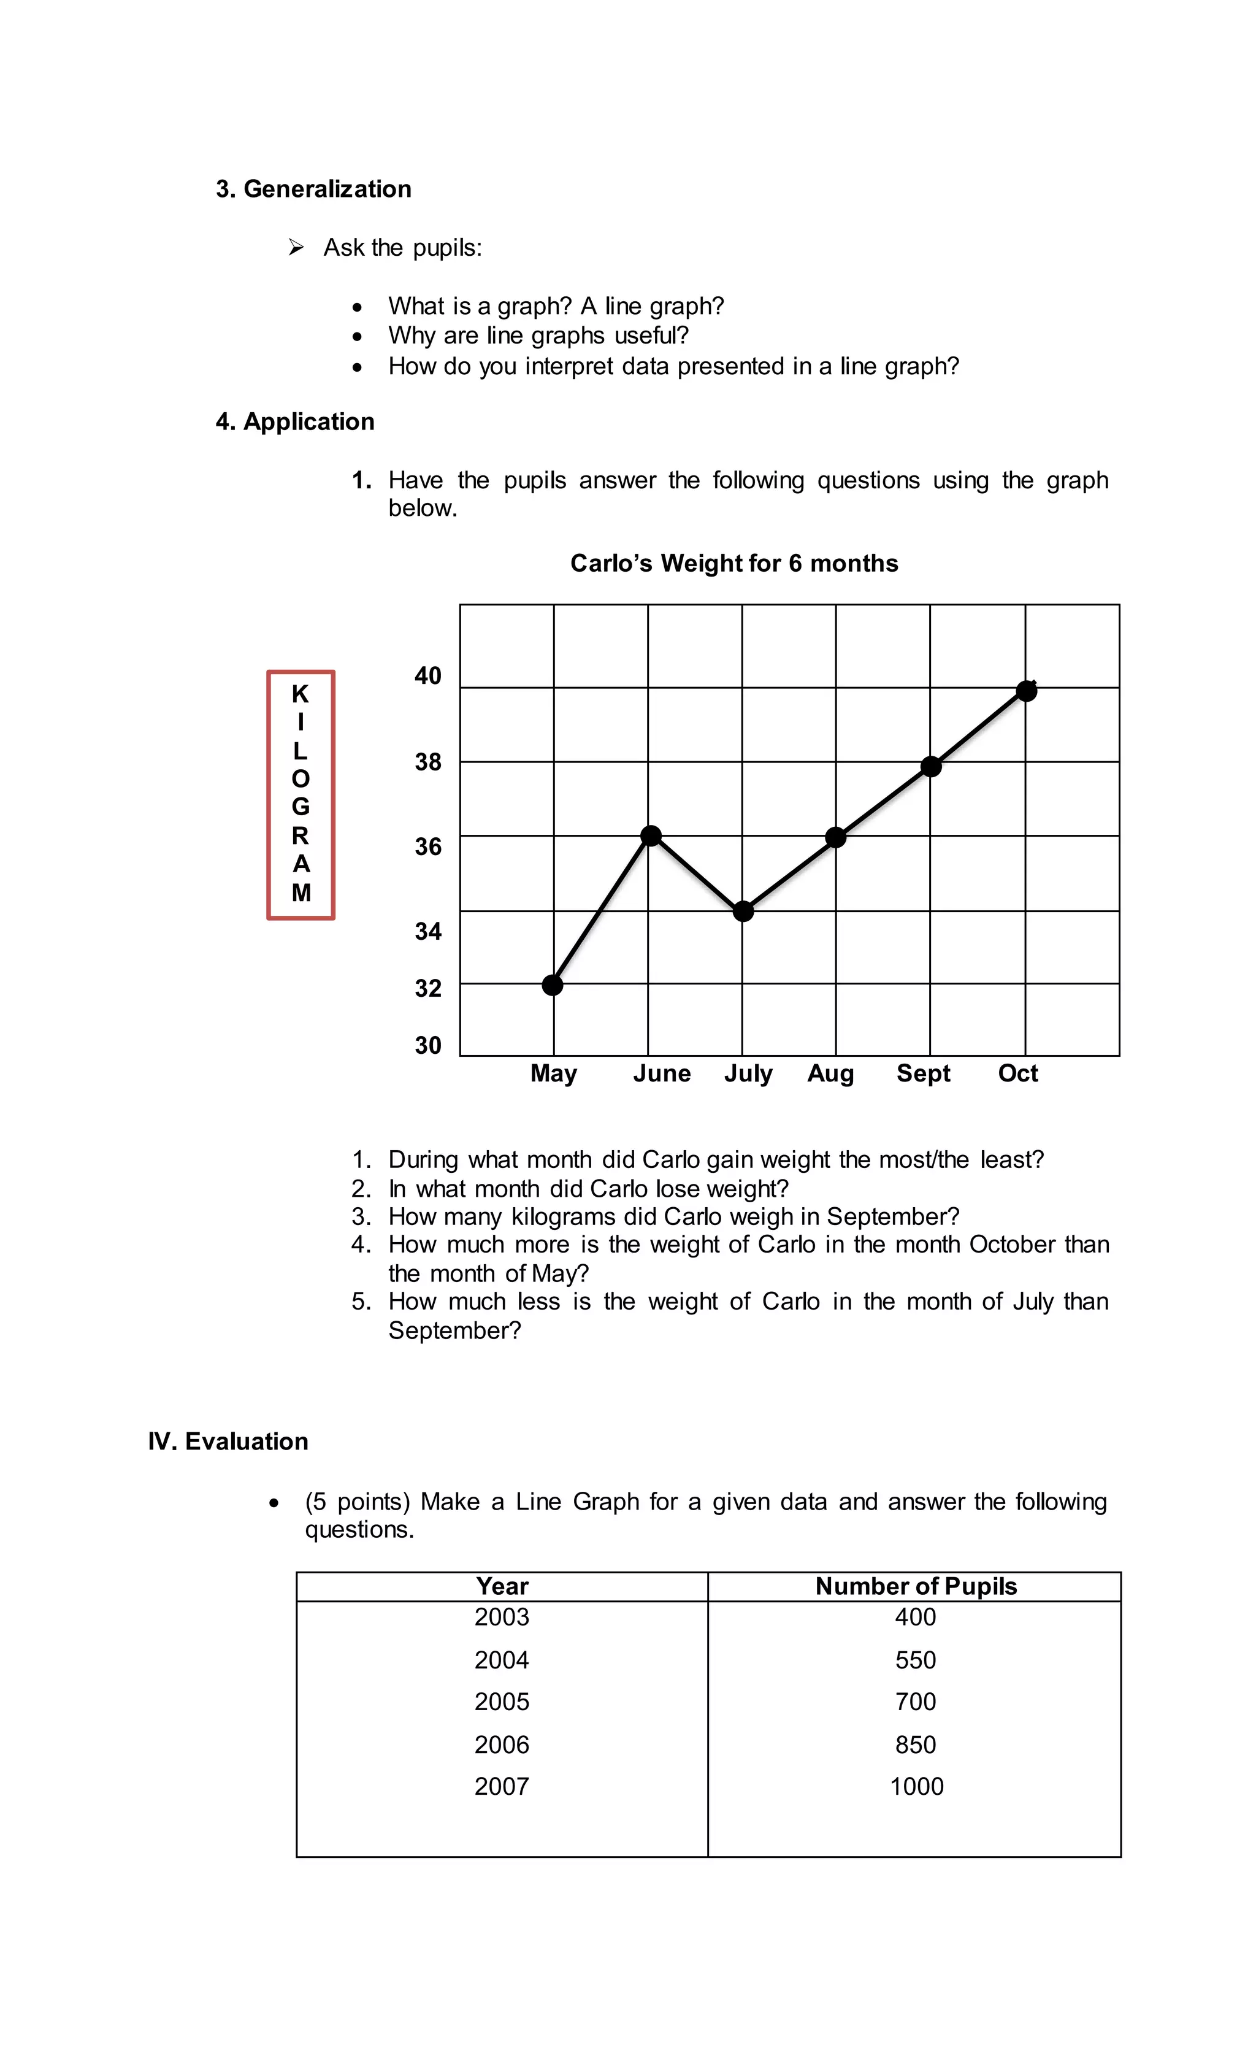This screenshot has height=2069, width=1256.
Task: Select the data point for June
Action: (651, 835)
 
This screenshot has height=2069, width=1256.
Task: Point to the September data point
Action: (930, 766)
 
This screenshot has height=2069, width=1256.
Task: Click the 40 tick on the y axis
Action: (427, 676)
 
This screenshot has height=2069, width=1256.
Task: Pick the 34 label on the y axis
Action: (427, 931)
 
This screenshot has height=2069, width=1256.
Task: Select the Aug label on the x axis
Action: (830, 1073)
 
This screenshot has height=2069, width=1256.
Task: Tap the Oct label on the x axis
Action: (1017, 1073)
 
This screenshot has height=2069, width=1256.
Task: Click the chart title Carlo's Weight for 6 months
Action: (733, 564)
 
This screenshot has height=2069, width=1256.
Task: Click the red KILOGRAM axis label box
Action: (301, 794)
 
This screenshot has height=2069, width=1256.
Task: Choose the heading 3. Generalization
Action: (313, 189)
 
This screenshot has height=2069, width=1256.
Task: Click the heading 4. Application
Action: (295, 421)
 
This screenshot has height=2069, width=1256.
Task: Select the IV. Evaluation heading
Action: (228, 1441)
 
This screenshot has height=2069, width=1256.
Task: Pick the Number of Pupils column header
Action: (915, 1586)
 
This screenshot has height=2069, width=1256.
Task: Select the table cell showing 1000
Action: (916, 1787)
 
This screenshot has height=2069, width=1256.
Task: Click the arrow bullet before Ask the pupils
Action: (296, 248)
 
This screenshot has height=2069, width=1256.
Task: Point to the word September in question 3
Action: (892, 1217)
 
